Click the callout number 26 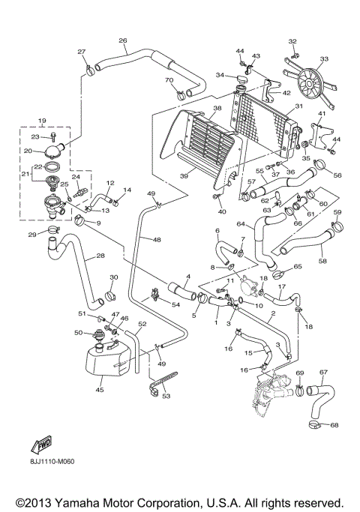click(123, 40)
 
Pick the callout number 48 click(157, 240)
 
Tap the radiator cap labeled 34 click(241, 78)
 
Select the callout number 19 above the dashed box click(42, 121)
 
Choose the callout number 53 click(166, 396)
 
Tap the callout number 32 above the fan click(292, 40)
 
